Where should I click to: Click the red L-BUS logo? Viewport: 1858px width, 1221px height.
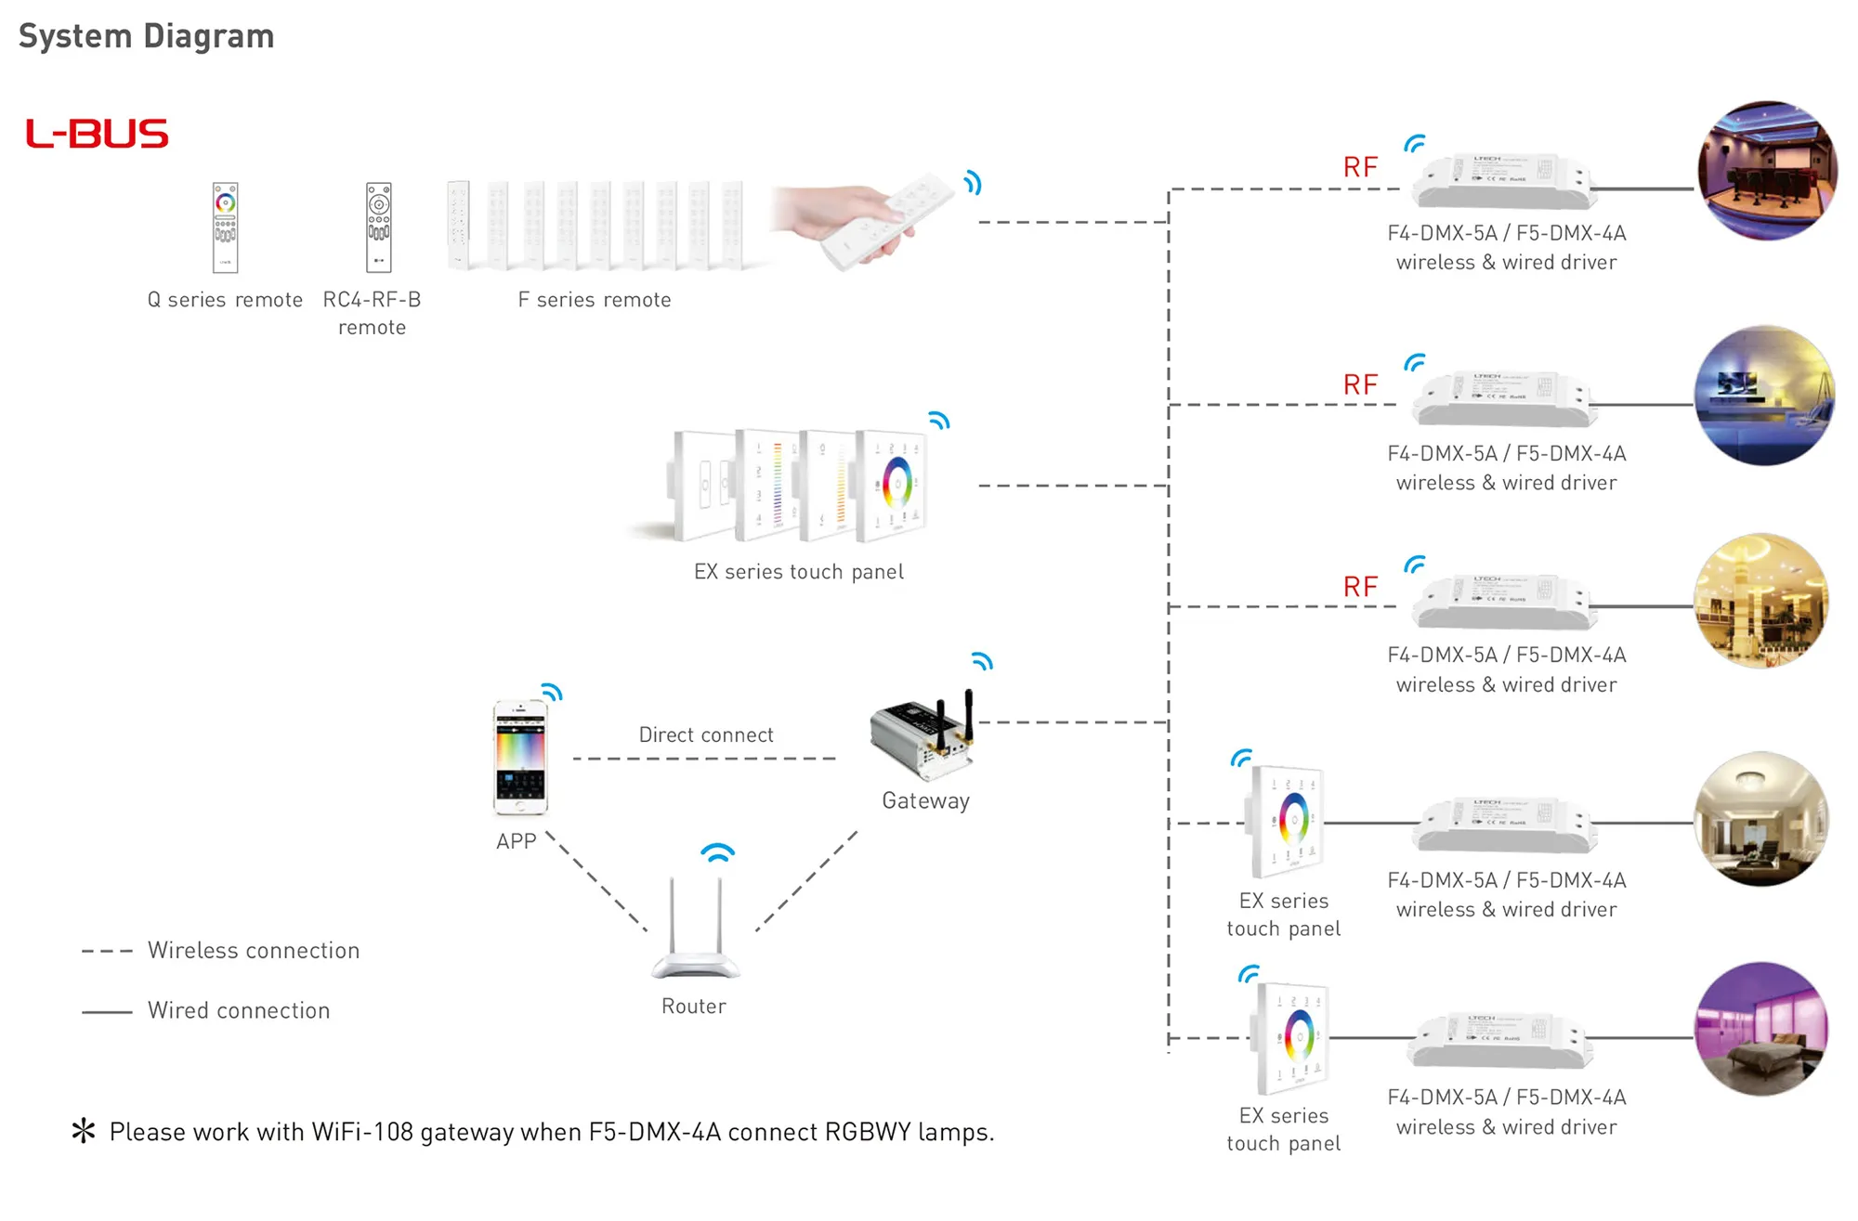[97, 134]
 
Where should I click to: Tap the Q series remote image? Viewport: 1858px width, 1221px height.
[226, 227]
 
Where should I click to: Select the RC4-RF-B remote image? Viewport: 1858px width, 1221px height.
[378, 227]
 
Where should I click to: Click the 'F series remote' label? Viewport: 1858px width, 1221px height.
[594, 300]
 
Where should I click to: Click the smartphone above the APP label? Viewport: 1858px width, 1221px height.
[520, 758]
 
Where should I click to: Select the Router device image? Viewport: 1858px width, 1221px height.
[695, 929]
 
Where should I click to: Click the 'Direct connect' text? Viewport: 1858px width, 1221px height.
[706, 734]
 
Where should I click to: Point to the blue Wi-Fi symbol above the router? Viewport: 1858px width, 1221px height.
[717, 851]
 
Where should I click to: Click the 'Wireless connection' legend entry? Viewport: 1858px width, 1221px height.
[253, 951]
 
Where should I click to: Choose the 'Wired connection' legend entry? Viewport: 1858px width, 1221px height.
[239, 1010]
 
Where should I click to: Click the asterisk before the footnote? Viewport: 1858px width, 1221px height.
[84, 1131]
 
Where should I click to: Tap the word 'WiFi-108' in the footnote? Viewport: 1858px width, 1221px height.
[362, 1132]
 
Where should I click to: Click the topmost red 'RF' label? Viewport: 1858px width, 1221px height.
[1360, 167]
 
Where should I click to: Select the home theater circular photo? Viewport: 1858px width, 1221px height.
[1766, 171]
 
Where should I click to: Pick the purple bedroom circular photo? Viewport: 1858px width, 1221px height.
[1761, 1030]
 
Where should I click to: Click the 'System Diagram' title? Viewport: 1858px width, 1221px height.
[147, 36]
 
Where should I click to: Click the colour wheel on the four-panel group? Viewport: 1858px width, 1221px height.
[896, 481]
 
